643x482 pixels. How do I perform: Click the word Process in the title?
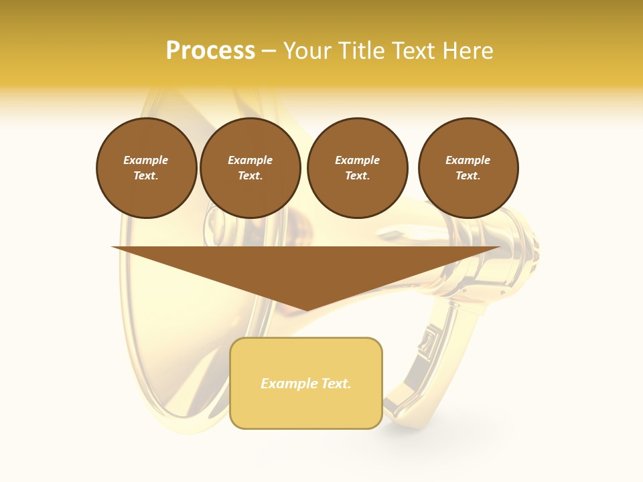coord(210,51)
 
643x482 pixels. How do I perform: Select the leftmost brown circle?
coord(147,168)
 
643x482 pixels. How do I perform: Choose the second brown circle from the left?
coord(251,168)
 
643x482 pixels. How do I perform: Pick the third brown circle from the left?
coord(358,168)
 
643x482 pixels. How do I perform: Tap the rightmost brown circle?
coord(468,168)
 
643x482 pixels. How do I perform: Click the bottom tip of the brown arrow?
coord(306,309)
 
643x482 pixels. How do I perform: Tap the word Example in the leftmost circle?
coord(146,160)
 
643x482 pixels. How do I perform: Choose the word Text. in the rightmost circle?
coord(468,175)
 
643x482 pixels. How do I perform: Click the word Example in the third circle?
coord(358,160)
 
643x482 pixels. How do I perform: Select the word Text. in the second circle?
coord(251,175)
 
